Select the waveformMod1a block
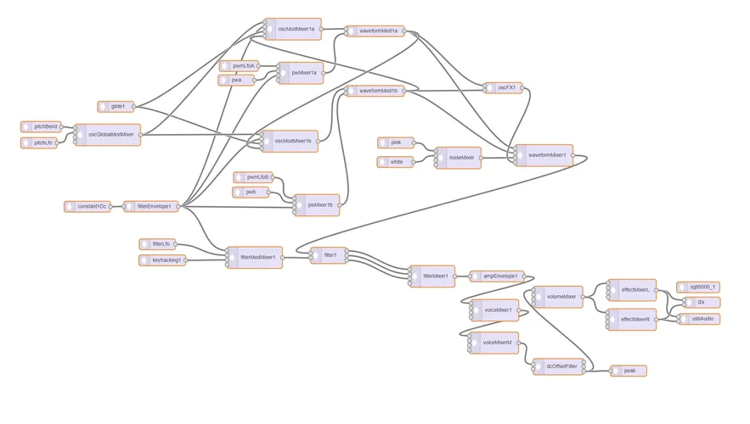[x=375, y=31]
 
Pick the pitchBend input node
[x=42, y=126]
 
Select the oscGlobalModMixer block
[x=108, y=135]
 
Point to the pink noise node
[x=396, y=142]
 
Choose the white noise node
[x=396, y=162]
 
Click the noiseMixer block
[x=458, y=158]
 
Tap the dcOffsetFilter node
[x=558, y=366]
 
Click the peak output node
[x=629, y=371]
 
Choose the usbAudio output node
[x=700, y=319]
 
